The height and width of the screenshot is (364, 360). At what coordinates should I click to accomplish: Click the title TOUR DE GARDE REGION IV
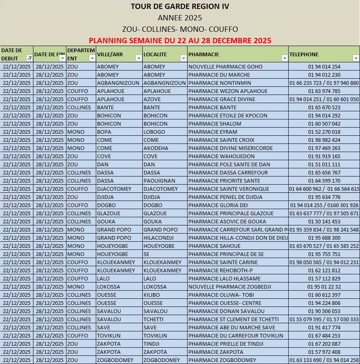click(180, 7)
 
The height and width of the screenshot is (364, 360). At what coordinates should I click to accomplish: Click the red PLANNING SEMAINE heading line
click(180, 41)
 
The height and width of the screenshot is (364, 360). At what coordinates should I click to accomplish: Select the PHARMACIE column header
click(204, 54)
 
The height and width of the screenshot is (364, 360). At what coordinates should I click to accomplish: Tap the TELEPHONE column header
click(304, 54)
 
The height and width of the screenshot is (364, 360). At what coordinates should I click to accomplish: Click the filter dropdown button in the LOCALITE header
click(183, 58)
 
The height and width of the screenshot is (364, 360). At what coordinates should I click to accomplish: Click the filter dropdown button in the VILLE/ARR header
click(138, 58)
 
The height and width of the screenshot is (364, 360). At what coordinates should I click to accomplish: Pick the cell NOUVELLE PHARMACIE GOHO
click(225, 67)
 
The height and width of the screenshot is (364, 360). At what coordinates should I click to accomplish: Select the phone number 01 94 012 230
click(324, 75)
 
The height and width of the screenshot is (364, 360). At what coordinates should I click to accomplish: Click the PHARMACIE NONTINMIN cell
click(220, 83)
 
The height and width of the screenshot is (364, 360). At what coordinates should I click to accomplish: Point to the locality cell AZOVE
click(152, 99)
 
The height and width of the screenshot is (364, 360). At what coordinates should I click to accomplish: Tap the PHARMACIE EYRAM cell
click(213, 132)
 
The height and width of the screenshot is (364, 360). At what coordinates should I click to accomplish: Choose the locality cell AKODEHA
click(156, 148)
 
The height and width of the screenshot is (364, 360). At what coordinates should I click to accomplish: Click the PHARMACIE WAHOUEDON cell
click(222, 157)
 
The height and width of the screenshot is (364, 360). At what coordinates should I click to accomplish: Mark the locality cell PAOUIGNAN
click(159, 181)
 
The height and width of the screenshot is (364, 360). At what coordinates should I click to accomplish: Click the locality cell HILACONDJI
click(159, 238)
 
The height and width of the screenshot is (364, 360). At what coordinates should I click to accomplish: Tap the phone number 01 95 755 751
click(324, 254)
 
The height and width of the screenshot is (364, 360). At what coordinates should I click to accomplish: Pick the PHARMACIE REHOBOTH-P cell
click(221, 271)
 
